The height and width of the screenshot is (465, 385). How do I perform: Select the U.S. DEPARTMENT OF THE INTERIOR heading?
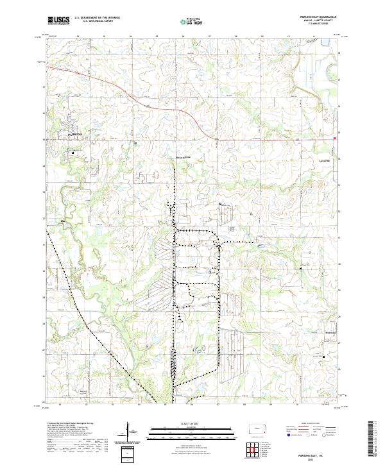click(97, 18)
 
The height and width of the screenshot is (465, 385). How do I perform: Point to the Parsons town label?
click(76, 134)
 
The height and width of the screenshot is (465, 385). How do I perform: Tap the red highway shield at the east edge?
click(335, 138)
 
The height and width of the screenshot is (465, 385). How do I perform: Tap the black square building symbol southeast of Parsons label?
click(73, 153)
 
